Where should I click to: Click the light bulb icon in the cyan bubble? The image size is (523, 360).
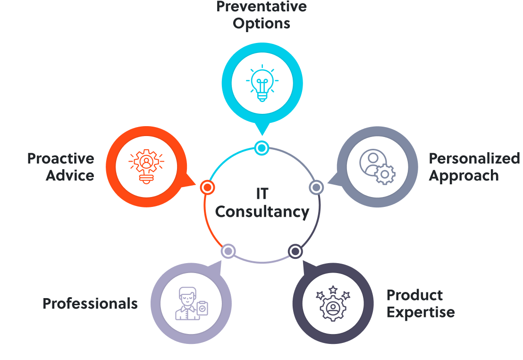(x=262, y=85)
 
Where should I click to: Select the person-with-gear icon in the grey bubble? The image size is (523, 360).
(x=377, y=167)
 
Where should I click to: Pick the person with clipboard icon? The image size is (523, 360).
(x=191, y=303)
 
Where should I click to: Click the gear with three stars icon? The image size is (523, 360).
(x=333, y=303)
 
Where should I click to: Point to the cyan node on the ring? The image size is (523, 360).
(x=261, y=148)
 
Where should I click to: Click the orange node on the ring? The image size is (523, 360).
(x=207, y=187)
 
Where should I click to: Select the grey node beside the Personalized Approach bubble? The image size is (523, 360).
(x=316, y=188)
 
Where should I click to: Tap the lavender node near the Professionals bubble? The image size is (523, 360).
(x=228, y=251)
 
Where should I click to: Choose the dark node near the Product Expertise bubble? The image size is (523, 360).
(x=295, y=251)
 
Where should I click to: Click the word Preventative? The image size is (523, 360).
(x=261, y=7)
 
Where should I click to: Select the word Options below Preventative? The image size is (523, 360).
(x=261, y=24)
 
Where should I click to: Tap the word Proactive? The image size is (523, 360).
(x=60, y=159)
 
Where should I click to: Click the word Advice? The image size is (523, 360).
(x=70, y=176)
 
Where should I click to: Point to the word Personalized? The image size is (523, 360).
(x=474, y=159)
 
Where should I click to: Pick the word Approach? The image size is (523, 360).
(x=464, y=176)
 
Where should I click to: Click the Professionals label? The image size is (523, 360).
(x=90, y=303)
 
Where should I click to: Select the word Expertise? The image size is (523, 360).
(x=421, y=312)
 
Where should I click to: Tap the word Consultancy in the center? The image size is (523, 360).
(x=262, y=212)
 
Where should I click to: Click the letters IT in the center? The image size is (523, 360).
(x=262, y=194)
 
